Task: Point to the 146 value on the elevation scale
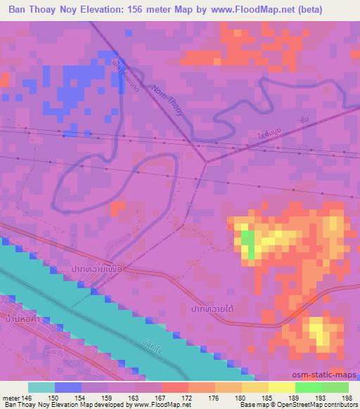click(x=27, y=397)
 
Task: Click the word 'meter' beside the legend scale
click(x=11, y=397)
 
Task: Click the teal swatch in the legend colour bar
click(x=41, y=387)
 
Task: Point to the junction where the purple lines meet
click(x=205, y=161)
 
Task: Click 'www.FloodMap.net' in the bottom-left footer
click(x=159, y=405)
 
